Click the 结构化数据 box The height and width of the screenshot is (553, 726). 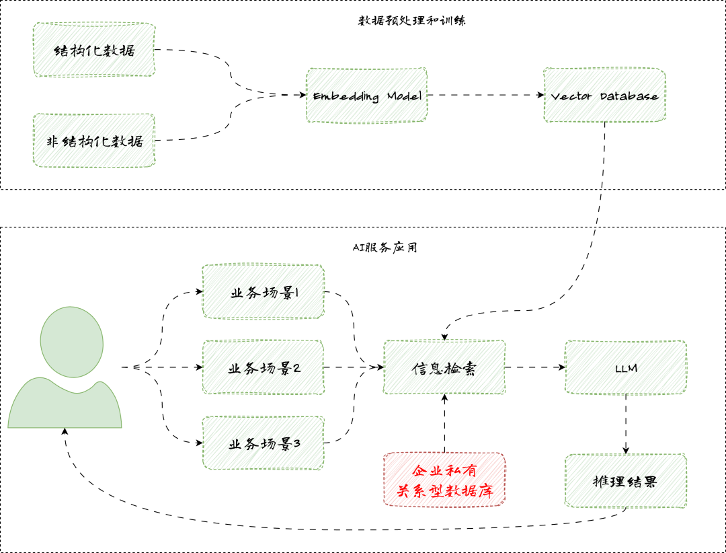click(94, 50)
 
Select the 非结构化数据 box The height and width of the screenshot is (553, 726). click(94, 141)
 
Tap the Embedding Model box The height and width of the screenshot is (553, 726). click(367, 96)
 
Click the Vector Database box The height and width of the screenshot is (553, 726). click(604, 96)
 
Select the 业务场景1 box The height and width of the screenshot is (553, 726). click(263, 293)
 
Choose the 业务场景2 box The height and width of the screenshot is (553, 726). click(263, 367)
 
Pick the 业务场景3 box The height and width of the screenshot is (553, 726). click(263, 443)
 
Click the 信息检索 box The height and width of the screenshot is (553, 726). click(444, 367)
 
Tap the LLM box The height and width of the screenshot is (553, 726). click(626, 367)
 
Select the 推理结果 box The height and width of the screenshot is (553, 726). click(626, 481)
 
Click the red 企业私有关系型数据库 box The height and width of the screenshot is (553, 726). click(444, 480)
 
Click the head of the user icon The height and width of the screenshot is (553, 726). click(71, 341)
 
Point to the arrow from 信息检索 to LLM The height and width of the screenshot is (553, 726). click(535, 367)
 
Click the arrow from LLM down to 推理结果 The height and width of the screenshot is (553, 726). click(626, 424)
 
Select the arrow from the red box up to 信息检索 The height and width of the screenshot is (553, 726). click(444, 424)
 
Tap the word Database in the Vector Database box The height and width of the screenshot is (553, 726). click(630, 96)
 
